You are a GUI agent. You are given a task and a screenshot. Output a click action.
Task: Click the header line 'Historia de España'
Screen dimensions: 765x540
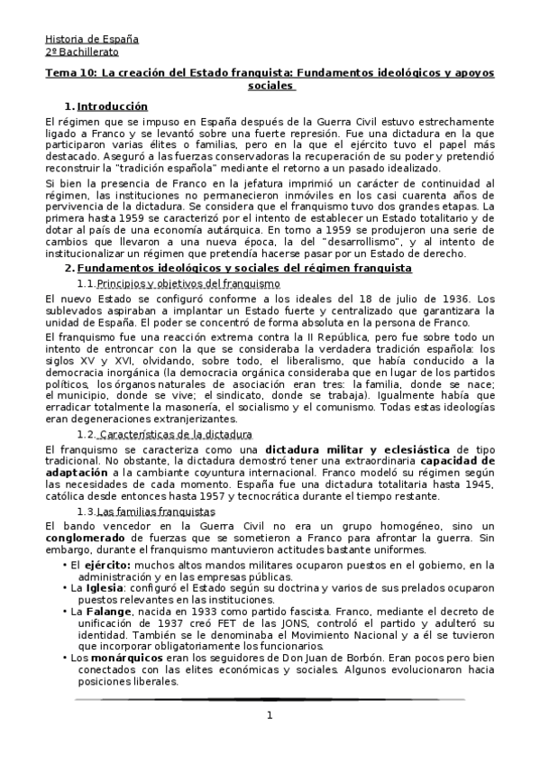92,39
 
